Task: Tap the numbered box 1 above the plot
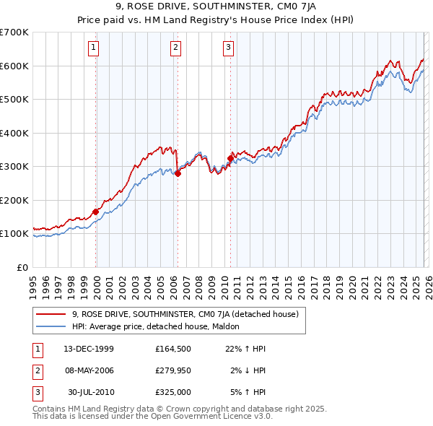[x=95, y=48]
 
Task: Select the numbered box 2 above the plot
[x=176, y=48]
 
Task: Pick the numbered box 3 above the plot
[x=228, y=48]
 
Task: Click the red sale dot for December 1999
[x=95, y=212]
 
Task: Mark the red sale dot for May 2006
[x=178, y=173]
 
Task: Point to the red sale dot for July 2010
[x=231, y=158]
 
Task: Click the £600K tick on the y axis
[x=14, y=66]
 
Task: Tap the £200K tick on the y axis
[x=14, y=200]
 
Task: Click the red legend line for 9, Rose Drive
[x=51, y=314]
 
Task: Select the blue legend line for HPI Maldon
[x=51, y=326]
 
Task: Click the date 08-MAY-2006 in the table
[x=89, y=370]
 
